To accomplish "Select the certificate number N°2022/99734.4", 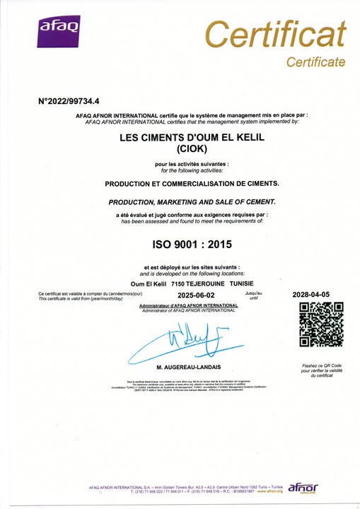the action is tap(71, 101).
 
